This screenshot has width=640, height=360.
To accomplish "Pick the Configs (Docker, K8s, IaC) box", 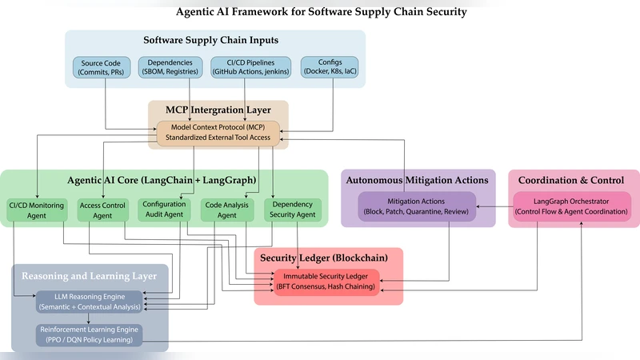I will click(330, 68).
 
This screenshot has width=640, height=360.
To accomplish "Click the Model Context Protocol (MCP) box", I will click(218, 134).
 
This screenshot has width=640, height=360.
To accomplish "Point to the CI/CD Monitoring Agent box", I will click(38, 210).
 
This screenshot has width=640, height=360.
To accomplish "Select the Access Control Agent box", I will click(102, 210).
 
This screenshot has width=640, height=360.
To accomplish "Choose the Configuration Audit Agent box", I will click(164, 209).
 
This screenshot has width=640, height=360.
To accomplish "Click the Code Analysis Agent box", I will click(226, 210).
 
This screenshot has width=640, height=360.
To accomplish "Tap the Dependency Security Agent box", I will click(292, 210).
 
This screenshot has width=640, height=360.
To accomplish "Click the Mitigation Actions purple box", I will click(416, 206).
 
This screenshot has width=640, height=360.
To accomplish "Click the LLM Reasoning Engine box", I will click(88, 302).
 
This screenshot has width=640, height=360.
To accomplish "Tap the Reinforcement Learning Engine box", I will click(88, 334).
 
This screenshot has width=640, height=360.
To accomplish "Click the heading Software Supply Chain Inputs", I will click(215, 40).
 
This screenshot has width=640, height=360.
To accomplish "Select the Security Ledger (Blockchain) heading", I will click(328, 258).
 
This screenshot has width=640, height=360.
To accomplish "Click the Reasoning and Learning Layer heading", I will click(88, 276).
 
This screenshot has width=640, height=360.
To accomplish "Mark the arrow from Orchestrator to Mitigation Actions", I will click(495, 207).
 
